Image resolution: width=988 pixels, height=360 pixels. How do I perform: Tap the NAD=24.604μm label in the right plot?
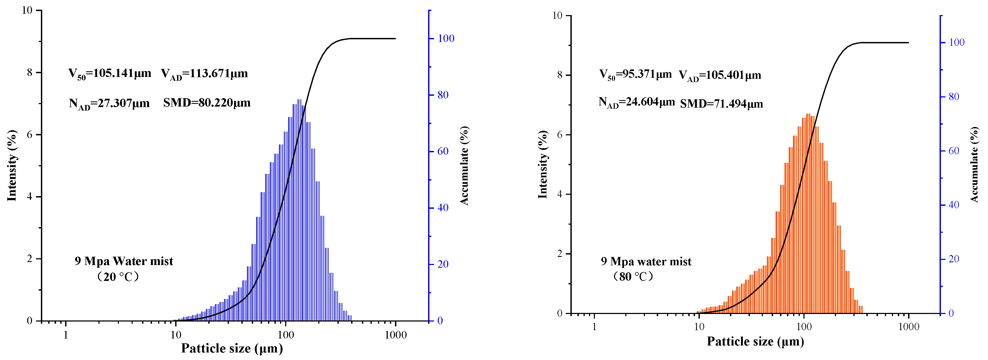[x=636, y=102]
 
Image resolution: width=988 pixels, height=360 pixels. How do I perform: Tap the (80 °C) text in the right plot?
[x=633, y=276]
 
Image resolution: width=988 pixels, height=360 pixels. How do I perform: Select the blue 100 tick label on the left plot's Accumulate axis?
[x=446, y=38]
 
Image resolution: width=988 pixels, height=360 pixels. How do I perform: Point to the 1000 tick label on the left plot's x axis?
[x=396, y=335]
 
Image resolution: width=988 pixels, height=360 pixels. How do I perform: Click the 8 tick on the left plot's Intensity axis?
[x=30, y=72]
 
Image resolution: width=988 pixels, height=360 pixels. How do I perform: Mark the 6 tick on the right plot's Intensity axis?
[x=560, y=135]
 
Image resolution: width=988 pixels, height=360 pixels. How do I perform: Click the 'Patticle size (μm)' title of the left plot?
[x=232, y=348]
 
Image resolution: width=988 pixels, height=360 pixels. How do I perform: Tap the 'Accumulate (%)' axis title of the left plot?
[x=464, y=166]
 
